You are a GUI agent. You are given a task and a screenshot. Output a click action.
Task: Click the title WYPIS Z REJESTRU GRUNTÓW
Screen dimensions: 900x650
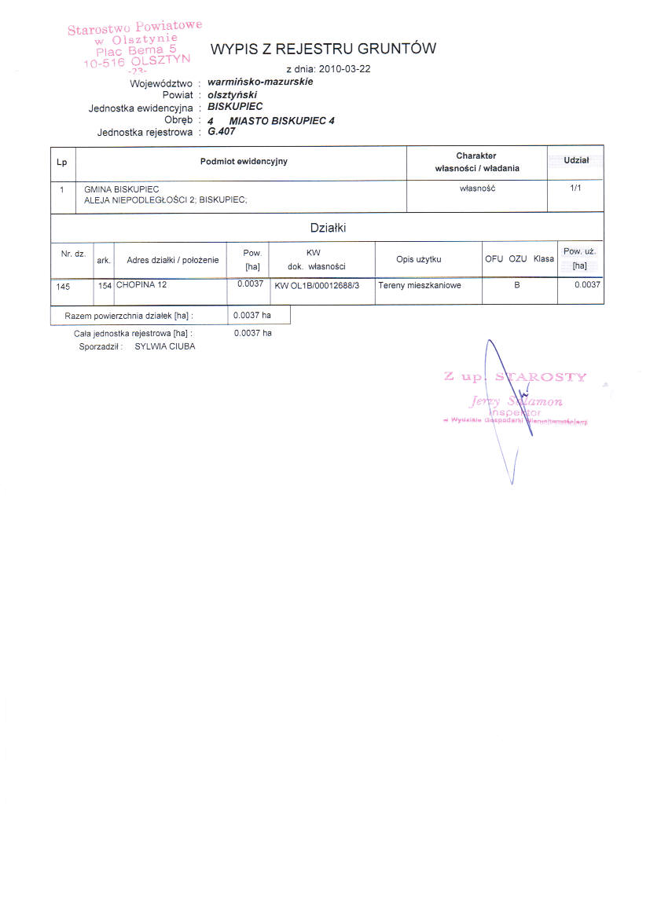323,49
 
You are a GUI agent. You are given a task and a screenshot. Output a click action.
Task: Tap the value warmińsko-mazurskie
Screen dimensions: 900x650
260,82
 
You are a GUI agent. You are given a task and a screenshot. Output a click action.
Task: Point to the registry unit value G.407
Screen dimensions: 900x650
222,131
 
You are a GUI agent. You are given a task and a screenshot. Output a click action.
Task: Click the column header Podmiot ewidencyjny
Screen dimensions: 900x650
244,162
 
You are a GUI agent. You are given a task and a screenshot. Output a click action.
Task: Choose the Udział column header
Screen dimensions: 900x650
576,160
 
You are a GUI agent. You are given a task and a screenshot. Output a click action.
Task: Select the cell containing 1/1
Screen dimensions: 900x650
576,188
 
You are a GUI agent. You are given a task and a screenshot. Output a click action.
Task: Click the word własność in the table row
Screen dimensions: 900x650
477,188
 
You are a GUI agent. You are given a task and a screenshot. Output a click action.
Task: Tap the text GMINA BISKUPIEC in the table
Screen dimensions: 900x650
121,189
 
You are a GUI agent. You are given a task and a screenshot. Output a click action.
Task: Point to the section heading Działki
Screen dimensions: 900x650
328,229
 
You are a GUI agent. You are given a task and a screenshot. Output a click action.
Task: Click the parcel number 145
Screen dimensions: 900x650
64,287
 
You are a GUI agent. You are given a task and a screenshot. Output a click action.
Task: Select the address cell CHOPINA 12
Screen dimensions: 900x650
141,285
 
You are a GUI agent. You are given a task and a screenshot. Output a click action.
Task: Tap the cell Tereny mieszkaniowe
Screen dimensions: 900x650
420,285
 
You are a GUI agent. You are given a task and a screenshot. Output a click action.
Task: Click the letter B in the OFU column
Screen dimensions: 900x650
517,285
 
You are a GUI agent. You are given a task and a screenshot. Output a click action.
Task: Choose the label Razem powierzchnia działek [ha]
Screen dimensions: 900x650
129,316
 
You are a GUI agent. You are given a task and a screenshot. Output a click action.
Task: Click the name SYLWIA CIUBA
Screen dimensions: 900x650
165,346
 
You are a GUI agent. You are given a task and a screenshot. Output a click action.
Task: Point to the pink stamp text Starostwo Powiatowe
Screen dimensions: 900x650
134,28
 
